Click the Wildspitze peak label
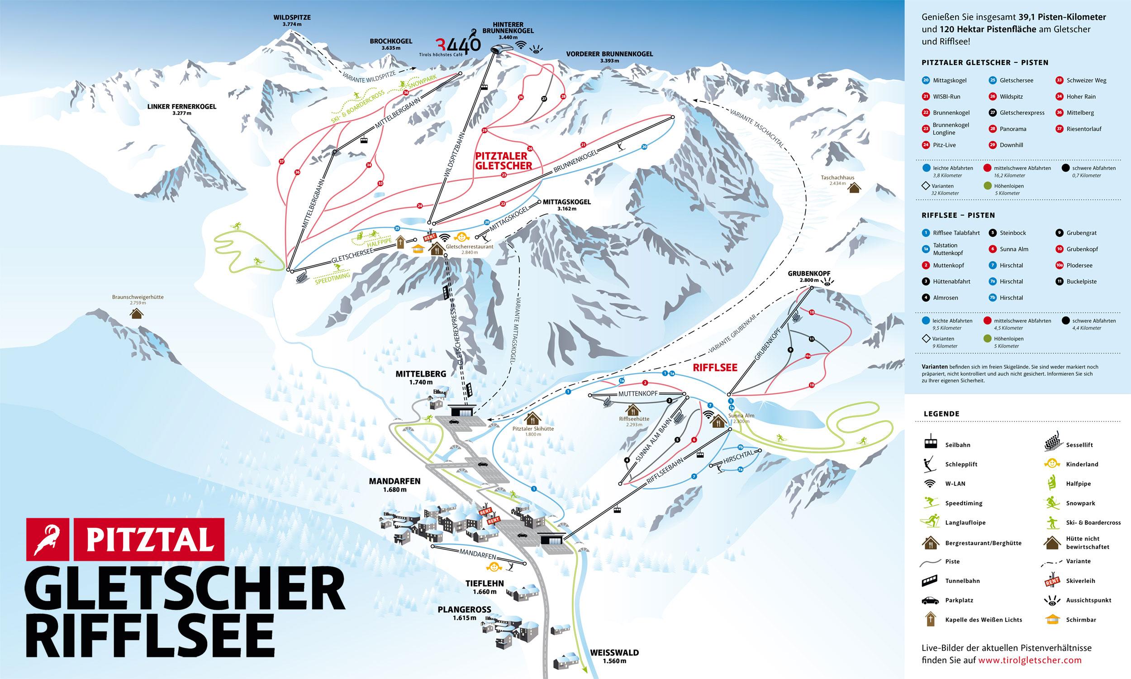point(292,20)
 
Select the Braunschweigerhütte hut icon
point(136,313)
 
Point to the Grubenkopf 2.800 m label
point(808,277)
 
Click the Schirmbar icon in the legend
point(1051,620)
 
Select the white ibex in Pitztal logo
point(48,540)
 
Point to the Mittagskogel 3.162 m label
point(567,205)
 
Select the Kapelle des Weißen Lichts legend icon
point(928,619)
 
